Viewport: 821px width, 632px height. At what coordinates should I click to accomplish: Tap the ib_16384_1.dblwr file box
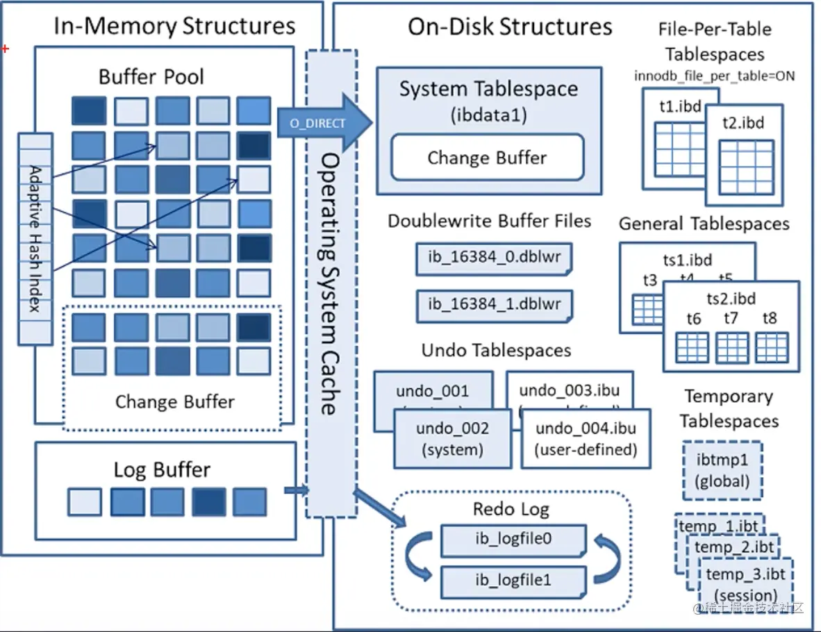[x=495, y=304]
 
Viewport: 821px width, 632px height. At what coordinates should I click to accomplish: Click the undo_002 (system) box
[x=453, y=438]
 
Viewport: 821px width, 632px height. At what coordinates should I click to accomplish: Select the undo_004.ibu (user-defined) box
[x=586, y=438]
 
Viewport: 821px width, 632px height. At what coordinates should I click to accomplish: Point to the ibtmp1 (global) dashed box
[x=723, y=470]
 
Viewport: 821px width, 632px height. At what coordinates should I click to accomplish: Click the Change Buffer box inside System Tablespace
[x=487, y=158]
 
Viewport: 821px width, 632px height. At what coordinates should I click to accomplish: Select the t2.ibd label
[x=743, y=124]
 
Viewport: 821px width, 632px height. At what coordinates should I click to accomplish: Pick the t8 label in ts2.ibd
[x=770, y=319]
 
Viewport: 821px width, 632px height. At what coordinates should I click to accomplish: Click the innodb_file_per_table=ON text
[x=714, y=76]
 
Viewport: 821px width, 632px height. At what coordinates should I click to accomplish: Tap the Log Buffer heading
[x=162, y=469]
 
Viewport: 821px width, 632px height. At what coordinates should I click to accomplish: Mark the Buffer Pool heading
[x=151, y=76]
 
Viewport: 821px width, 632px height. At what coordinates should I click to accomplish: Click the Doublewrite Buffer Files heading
[x=490, y=222]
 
